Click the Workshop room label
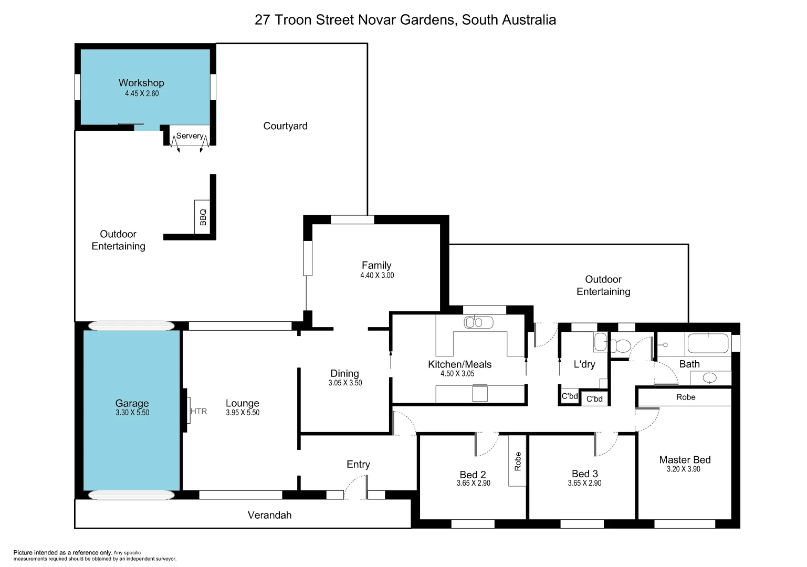(141, 83)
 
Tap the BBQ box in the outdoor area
(203, 217)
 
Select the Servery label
(190, 135)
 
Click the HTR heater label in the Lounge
(198, 412)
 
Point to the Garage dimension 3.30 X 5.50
(132, 413)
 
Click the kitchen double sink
(478, 322)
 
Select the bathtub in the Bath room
(708, 344)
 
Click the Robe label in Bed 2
(518, 461)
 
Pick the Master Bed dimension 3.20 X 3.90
(684, 469)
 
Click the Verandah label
(269, 515)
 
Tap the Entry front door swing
(356, 487)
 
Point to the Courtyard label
(285, 126)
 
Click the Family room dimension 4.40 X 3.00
(377, 275)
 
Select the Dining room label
(344, 373)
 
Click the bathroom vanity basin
(709, 377)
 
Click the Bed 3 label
(584, 474)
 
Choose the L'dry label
(584, 364)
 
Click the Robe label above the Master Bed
(686, 397)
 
